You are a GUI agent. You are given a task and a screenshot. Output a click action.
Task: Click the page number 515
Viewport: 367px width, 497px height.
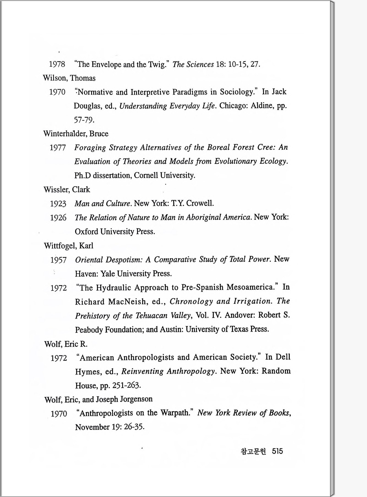coord(277,451)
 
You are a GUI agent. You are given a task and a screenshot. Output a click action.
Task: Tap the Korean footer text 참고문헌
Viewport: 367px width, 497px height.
coord(253,451)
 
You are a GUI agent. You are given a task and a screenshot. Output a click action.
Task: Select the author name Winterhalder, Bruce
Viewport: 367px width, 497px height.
coord(76,134)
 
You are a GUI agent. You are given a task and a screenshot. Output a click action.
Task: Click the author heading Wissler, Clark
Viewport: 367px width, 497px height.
coord(67,190)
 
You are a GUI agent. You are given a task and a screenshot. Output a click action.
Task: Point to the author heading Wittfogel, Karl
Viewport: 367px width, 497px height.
coord(69,245)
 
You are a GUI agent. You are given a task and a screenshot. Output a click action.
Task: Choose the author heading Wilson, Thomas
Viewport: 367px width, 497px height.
coord(69,78)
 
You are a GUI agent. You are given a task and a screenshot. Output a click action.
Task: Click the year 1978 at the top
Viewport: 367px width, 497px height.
coord(57,64)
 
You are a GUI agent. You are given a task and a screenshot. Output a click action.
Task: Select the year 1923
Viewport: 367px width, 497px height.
coord(58,204)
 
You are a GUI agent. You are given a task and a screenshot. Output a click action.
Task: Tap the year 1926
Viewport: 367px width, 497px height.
coord(58,218)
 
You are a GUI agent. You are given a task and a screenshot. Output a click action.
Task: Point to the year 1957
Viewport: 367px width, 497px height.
coord(58,260)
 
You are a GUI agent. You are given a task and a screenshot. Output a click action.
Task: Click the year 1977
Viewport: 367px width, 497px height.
coord(58,148)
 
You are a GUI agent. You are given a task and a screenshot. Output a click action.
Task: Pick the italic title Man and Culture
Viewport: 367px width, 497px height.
coord(102,204)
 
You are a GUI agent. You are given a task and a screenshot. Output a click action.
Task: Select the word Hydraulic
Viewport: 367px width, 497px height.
coord(113,288)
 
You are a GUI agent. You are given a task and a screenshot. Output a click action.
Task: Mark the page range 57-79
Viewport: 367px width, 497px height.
coord(84,120)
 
